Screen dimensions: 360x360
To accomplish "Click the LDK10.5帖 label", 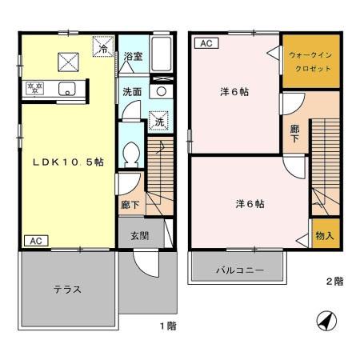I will click(x=67, y=162).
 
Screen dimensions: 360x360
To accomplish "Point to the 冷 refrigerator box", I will click(x=104, y=49).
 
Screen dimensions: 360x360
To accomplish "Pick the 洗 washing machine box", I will click(x=158, y=122).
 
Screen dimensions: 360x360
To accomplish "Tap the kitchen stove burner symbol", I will click(x=35, y=86).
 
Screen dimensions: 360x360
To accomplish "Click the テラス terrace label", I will click(x=68, y=289).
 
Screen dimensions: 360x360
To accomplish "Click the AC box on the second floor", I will click(x=205, y=43).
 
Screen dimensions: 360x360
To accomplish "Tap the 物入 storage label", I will click(x=324, y=238).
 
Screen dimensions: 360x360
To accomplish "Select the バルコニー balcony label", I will click(x=238, y=270).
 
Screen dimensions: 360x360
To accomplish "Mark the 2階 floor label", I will click(x=335, y=281).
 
